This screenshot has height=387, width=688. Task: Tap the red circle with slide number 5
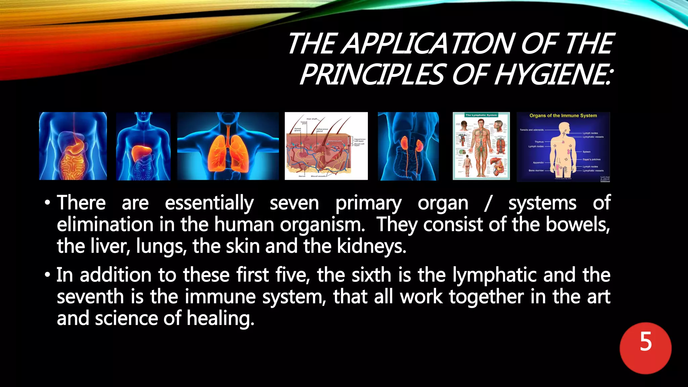645,348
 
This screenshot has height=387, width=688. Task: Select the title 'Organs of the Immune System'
563,116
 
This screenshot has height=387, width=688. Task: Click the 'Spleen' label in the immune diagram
587,152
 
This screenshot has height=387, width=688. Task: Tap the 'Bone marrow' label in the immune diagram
536,171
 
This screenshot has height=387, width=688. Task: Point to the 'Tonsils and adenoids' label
531,130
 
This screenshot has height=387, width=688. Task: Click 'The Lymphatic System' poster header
481,115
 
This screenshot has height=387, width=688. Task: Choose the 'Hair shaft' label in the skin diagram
312,119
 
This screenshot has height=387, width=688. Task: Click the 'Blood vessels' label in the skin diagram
318,176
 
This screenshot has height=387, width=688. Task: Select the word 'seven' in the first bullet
294,204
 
